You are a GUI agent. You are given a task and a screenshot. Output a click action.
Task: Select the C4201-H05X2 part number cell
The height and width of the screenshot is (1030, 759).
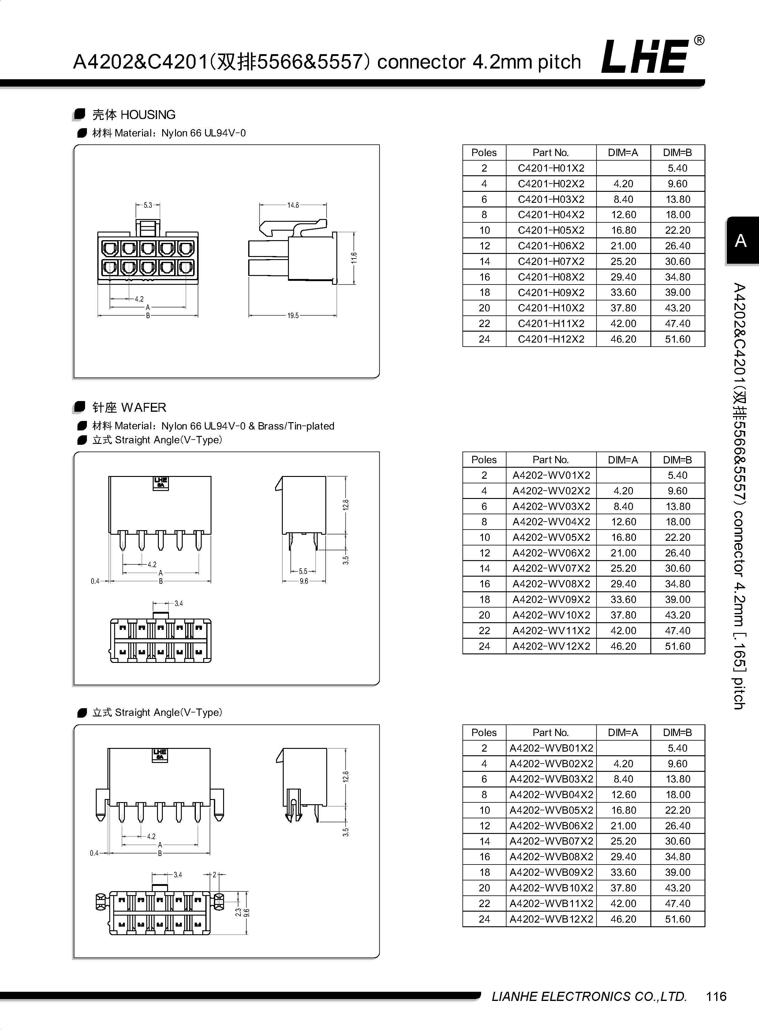[551, 230]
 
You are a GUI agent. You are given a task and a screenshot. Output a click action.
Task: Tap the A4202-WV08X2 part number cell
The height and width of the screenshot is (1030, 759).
[551, 584]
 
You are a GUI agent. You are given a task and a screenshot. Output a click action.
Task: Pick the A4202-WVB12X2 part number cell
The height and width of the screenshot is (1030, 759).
[551, 919]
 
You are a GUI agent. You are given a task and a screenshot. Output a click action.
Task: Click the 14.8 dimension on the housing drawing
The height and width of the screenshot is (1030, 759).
[293, 205]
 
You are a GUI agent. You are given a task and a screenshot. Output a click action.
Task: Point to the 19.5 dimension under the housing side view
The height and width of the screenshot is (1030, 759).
[293, 315]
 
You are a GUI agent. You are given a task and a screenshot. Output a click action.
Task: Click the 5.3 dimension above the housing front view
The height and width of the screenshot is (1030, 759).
[148, 205]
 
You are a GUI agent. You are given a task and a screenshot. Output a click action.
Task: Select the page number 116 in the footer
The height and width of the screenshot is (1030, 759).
[716, 996]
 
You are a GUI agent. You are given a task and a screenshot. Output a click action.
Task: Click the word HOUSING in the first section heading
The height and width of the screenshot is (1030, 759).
[148, 114]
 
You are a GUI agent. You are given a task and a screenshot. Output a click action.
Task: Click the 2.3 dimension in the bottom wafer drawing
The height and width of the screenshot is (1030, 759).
[238, 912]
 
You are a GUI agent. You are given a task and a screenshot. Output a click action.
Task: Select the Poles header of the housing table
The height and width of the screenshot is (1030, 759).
[484, 152]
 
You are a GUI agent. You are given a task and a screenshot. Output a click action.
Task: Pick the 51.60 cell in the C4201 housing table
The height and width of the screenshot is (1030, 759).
[677, 339]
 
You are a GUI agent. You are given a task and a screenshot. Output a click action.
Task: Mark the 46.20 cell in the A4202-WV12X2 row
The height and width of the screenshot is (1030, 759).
[623, 646]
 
